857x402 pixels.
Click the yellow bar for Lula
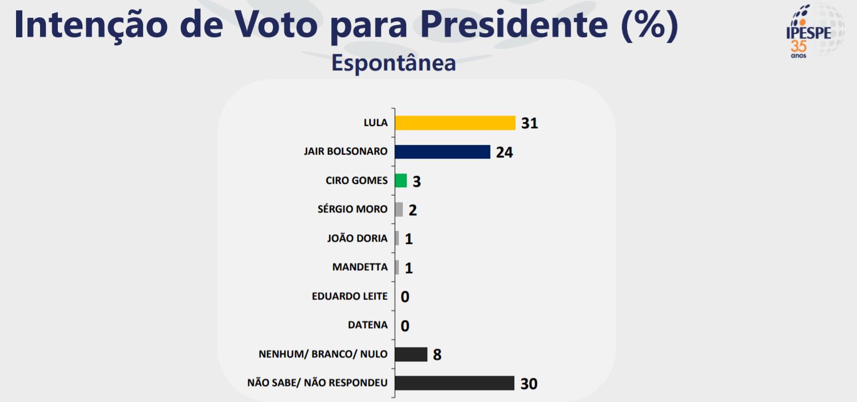tap(455, 123)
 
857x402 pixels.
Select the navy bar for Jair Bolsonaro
tap(443, 152)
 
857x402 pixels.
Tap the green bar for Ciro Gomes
tap(401, 181)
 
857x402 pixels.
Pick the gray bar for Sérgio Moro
tap(399, 210)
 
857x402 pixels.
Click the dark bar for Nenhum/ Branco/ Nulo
tap(411, 354)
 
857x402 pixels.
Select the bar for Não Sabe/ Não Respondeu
tap(455, 383)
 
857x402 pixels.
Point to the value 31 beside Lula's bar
tap(530, 123)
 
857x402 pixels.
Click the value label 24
tap(504, 152)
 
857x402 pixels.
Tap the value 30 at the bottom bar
tap(529, 384)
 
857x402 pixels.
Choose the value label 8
tap(437, 355)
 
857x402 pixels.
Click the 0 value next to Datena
tap(405, 326)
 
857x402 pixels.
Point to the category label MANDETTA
tap(360, 267)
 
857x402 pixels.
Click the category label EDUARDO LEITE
tap(350, 296)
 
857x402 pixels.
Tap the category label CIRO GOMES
tap(356, 180)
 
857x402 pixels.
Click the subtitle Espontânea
tap(394, 62)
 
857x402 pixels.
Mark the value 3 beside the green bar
tap(416, 181)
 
